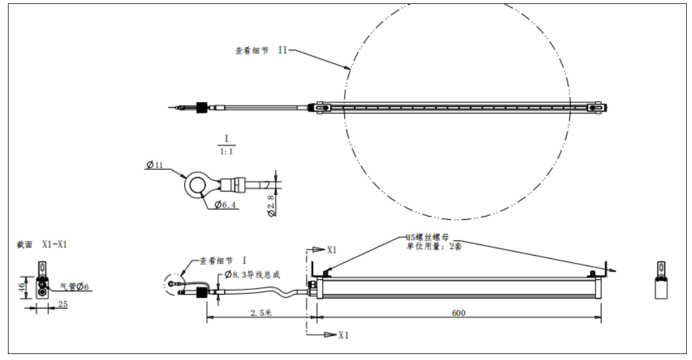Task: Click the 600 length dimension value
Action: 458,313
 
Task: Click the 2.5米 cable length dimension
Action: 261,313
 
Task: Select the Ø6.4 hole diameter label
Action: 225,205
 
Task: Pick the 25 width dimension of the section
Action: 63,304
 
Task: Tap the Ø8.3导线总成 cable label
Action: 252,275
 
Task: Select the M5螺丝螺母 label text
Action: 427,238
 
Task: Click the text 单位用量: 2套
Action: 434,246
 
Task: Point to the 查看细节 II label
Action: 261,50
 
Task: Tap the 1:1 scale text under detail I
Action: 226,151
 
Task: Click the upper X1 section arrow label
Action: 332,250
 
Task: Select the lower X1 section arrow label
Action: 344,336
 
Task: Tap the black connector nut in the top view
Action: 202,107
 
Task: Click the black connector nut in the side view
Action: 202,293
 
